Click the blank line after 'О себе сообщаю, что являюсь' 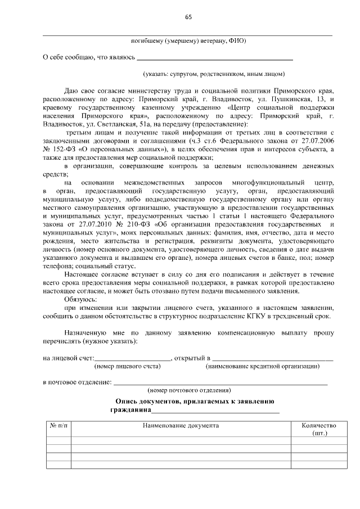(x=215, y=57)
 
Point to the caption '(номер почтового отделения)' (x=189, y=390)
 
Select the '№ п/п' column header (x=58, y=426)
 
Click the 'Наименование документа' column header (x=181, y=426)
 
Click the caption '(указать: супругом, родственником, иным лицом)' (x=214, y=73)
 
